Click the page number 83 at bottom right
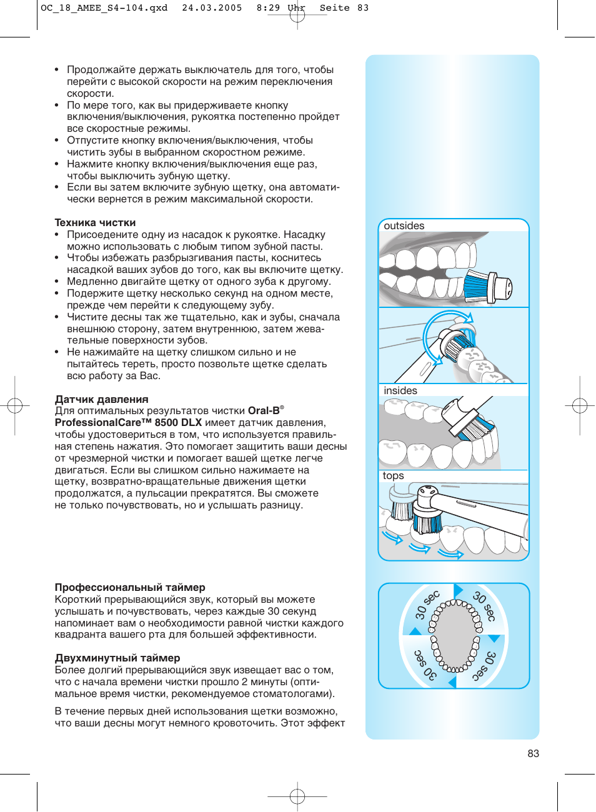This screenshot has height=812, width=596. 533,753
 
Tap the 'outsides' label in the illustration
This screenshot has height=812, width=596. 404,226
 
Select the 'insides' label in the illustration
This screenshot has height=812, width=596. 400,391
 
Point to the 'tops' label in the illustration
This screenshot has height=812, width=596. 393,476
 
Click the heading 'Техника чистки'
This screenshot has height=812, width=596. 95,223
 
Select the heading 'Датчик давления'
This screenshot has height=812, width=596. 101,400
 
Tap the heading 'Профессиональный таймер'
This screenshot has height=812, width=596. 130,588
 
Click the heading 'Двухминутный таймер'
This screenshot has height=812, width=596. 117,658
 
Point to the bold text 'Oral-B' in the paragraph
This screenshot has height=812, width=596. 264,411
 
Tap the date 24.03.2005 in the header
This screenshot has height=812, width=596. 212,8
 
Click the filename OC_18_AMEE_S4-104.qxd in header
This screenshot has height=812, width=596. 104,8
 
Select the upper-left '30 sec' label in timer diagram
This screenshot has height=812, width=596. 427,605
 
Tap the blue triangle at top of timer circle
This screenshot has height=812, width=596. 458,590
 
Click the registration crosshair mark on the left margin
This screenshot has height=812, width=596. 15,406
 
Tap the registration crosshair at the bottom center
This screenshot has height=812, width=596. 297,796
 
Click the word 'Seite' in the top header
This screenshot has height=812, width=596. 334,8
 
